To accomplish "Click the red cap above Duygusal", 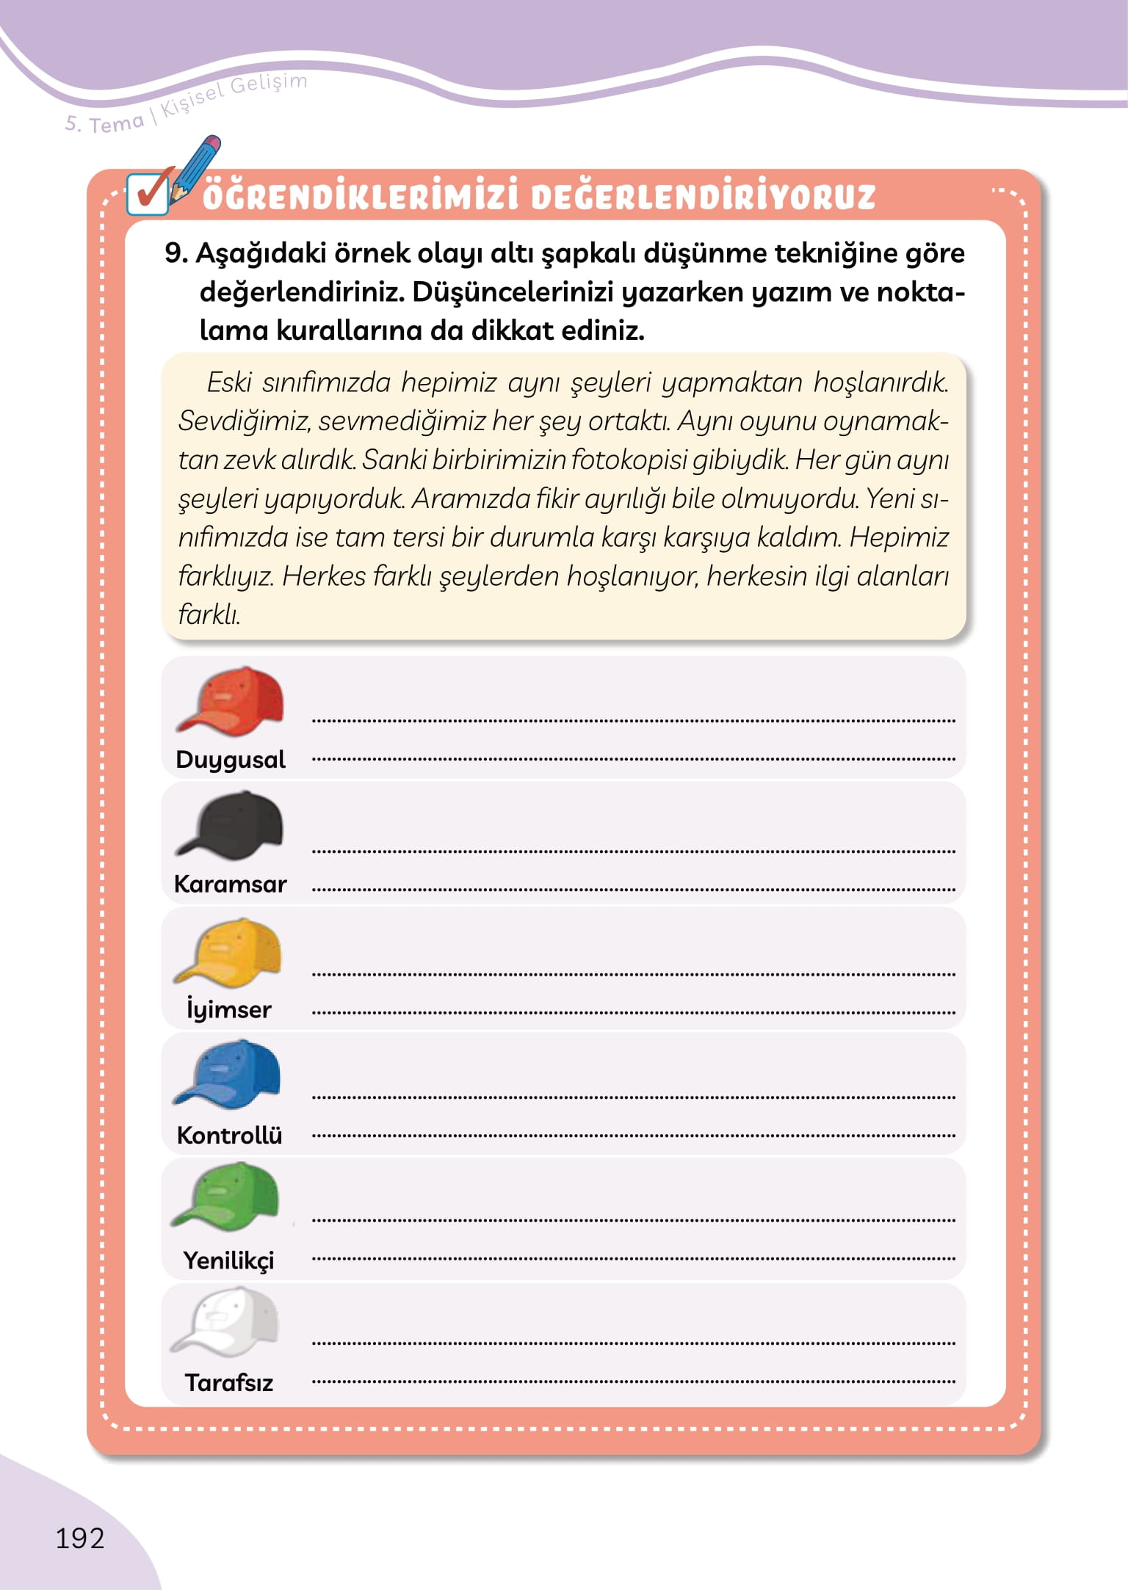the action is coord(231,701).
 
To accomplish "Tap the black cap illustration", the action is coord(230,826).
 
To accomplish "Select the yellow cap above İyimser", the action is coord(228,951).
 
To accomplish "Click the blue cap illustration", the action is coord(228,1074).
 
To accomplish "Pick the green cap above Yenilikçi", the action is coord(226,1197).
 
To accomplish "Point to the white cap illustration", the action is coord(225,1321).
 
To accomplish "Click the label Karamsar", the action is coord(230,884).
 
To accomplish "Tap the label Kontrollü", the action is coord(229,1135).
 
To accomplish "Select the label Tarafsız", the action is coord(228,1383).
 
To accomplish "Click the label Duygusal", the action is coord(230,759).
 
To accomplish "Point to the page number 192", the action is coord(80,1538).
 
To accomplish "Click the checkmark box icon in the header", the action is coord(148,194).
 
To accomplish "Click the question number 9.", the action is coord(176,253).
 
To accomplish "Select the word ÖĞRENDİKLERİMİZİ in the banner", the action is coord(361,197).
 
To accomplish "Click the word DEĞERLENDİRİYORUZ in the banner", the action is coord(703,197).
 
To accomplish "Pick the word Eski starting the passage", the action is coord(229,382).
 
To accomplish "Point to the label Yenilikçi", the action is coord(228,1260).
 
